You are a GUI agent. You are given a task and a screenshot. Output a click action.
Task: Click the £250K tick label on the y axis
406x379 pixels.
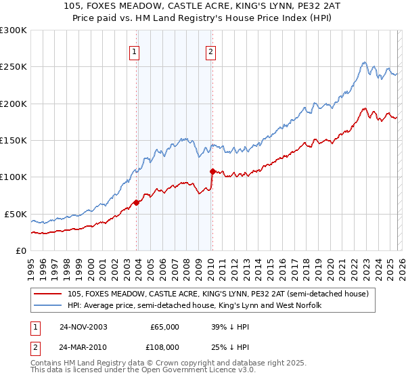[x=13, y=67]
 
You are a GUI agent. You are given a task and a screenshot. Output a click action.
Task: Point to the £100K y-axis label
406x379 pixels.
[x=13, y=177]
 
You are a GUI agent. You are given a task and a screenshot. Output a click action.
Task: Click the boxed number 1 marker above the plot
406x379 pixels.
[x=135, y=51]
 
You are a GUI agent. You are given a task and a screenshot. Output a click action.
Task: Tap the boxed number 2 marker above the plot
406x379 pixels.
[x=210, y=51]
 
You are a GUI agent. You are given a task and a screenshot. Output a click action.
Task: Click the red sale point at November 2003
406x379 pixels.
[x=137, y=202]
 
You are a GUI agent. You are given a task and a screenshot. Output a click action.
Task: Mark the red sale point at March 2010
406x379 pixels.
[x=212, y=171]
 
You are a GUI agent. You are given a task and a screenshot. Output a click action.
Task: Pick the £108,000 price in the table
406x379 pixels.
[x=163, y=347]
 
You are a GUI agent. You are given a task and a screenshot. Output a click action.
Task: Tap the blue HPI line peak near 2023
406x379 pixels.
[x=364, y=63]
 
